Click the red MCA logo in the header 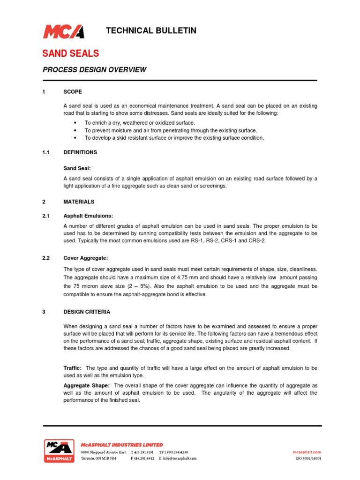click(x=63, y=31)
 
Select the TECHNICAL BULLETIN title click(x=151, y=31)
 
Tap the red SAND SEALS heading click(x=71, y=53)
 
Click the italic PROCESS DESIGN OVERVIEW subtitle click(x=95, y=70)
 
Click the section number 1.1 click(x=46, y=152)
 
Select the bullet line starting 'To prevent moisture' click(x=171, y=130)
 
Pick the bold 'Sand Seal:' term click(x=77, y=167)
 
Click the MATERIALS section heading click(x=79, y=202)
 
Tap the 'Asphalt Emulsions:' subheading click(x=88, y=216)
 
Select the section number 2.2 click(x=46, y=258)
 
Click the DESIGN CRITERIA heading click(x=87, y=312)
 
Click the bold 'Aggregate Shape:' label click(x=86, y=385)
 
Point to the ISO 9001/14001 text click(x=307, y=458)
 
